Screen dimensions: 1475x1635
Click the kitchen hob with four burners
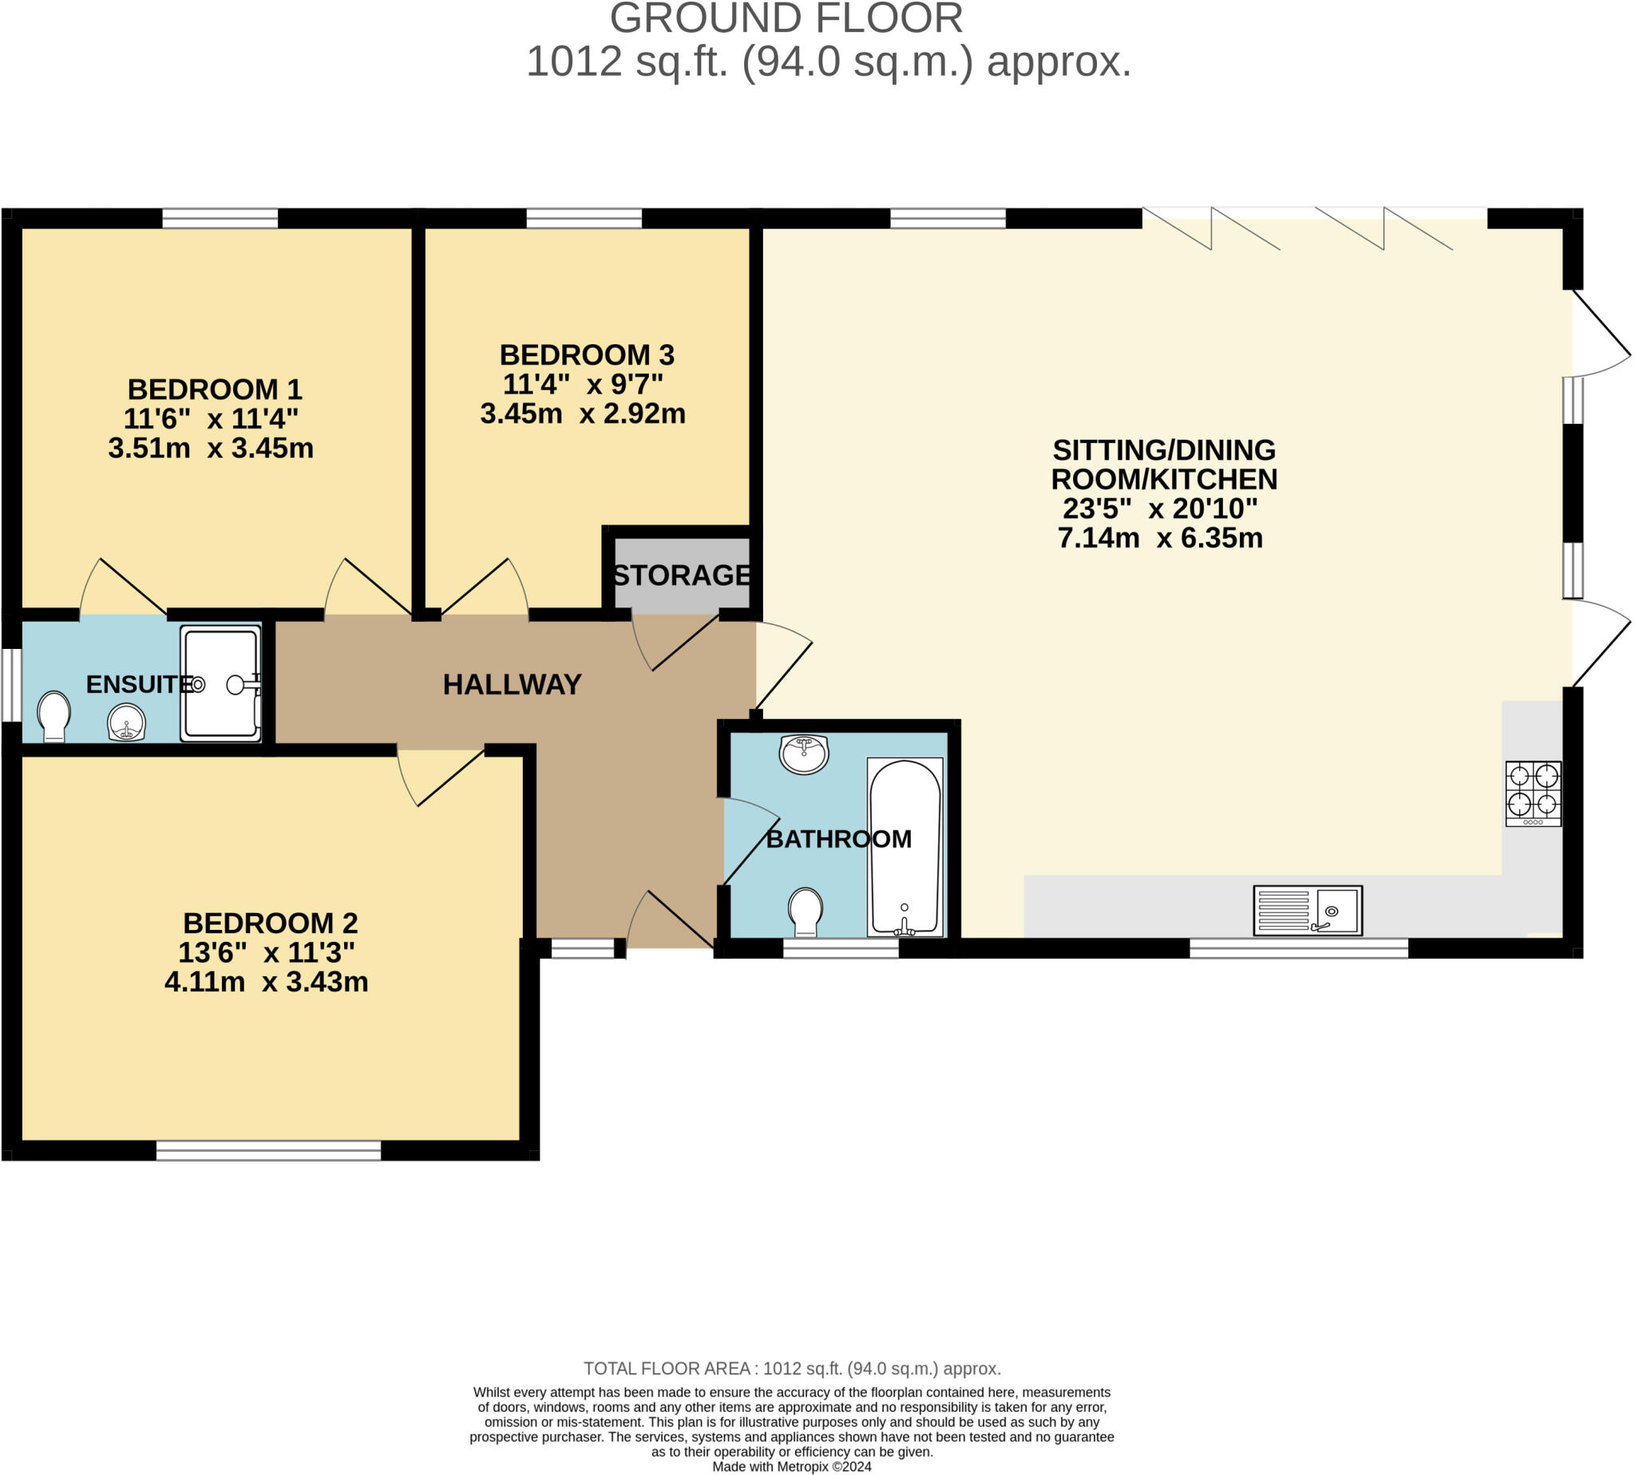pyautogui.click(x=1533, y=793)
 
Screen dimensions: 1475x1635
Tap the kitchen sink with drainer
pyautogui.click(x=1307, y=910)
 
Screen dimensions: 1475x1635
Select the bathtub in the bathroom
pyautogui.click(x=905, y=847)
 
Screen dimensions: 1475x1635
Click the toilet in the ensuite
pyautogui.click(x=53, y=715)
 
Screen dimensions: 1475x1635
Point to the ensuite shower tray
pyautogui.click(x=220, y=684)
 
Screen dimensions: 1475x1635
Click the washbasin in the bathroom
pyautogui.click(x=803, y=753)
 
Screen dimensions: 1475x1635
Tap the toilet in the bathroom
pyautogui.click(x=806, y=911)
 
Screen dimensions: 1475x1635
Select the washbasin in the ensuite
pyautogui.click(x=126, y=722)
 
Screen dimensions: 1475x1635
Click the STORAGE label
pyautogui.click(x=681, y=575)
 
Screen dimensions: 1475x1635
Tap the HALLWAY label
pyautogui.click(x=512, y=685)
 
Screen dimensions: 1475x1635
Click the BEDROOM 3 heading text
pyautogui.click(x=586, y=355)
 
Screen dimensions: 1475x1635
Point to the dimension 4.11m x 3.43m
pyautogui.click(x=266, y=983)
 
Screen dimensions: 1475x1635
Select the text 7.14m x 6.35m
pyautogui.click(x=1160, y=538)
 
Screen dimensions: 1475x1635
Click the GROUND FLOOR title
pyautogui.click(x=786, y=18)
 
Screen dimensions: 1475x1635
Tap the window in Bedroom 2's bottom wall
pyautogui.click(x=268, y=1150)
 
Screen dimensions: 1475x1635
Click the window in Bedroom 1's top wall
pyautogui.click(x=220, y=218)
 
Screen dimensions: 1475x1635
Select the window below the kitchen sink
pyautogui.click(x=1298, y=947)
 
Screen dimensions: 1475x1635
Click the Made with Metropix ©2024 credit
pyautogui.click(x=791, y=1466)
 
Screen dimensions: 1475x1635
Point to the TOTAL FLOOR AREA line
pyautogui.click(x=792, y=1369)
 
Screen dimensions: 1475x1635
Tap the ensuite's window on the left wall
pyautogui.click(x=11, y=684)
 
